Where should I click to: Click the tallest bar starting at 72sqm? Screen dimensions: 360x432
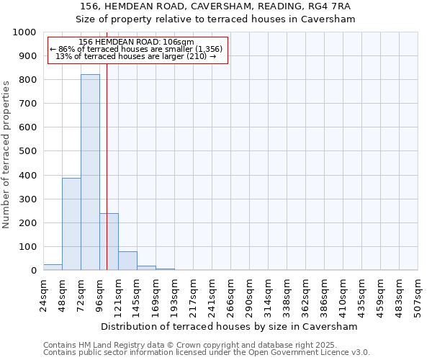pos(90,172)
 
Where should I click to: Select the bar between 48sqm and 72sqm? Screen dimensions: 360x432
pos(71,224)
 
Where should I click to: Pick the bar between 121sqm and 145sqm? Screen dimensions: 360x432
pos(127,261)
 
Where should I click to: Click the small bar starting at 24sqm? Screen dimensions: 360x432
pos(53,267)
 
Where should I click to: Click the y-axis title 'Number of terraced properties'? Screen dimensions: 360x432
pos(6,154)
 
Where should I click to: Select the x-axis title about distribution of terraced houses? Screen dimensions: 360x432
pos(230,326)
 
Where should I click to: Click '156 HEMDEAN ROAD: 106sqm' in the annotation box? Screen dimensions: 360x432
pos(137,42)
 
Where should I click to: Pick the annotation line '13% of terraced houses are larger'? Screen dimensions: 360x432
pos(135,56)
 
